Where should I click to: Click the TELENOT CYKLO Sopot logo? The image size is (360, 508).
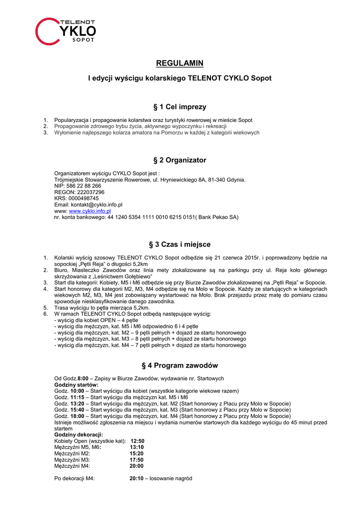pos(65,31)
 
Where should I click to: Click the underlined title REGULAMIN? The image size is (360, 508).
pos(180,63)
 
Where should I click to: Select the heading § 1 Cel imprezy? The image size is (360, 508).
pos(180,107)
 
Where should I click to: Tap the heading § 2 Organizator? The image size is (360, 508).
pos(180,160)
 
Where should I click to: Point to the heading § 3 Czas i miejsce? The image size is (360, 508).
pos(180,245)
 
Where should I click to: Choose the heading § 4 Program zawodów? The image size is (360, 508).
pos(180,366)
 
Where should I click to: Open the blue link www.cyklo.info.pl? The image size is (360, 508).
pos(90,211)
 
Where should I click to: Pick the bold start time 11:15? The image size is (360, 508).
pos(77,397)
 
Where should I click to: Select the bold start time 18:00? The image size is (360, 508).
pos(77,416)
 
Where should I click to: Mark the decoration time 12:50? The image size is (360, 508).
pos(137,441)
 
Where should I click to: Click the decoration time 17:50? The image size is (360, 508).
pos(137,460)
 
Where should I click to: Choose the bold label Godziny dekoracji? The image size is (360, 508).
pos(78,435)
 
